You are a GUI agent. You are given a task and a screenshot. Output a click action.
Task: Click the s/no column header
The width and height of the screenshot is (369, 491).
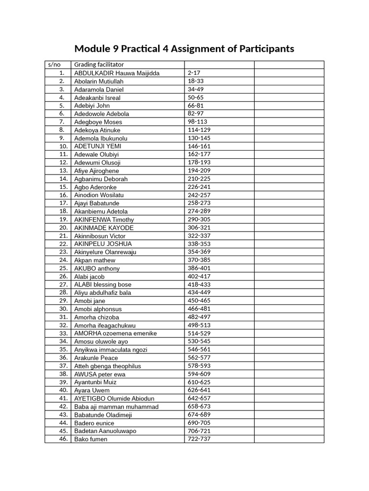click(53, 65)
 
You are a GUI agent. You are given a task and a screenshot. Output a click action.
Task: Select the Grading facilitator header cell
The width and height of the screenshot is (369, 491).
click(99, 65)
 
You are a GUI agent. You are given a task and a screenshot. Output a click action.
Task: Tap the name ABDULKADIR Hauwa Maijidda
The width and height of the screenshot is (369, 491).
click(117, 73)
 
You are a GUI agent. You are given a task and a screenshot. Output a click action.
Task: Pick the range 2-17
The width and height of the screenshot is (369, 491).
click(194, 73)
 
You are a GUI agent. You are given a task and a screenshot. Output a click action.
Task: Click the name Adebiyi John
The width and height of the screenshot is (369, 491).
click(92, 105)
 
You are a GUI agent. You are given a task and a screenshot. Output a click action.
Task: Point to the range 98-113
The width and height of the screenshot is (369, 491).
click(197, 122)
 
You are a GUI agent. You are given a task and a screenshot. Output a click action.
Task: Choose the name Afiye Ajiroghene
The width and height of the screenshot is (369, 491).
click(97, 171)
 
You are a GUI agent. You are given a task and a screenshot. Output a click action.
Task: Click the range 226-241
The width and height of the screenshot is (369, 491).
click(199, 187)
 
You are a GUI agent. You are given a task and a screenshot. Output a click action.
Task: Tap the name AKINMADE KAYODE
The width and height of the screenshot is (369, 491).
click(104, 228)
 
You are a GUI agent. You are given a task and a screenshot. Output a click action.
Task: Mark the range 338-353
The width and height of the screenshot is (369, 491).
click(199, 244)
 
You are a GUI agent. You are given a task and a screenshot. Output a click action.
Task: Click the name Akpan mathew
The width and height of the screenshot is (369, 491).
click(95, 260)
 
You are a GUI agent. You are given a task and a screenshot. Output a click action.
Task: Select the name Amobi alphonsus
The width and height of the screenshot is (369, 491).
click(98, 309)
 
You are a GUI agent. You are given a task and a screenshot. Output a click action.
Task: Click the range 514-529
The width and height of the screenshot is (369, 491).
click(199, 333)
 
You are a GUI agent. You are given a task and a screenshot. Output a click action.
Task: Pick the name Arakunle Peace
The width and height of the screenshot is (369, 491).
click(96, 358)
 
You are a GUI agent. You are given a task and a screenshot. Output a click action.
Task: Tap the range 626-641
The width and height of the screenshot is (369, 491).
click(199, 390)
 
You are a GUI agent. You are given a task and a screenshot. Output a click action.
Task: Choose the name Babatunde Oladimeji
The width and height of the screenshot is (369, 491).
click(103, 415)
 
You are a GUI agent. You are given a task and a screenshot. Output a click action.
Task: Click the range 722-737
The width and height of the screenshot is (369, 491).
click(199, 439)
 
